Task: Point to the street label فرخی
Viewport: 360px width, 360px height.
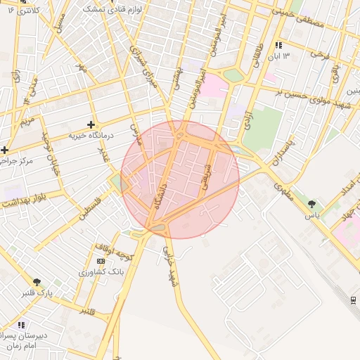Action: coord(321,53)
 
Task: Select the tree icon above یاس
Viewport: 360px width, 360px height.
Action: coord(311,204)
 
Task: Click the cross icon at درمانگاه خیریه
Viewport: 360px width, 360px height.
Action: coord(91,124)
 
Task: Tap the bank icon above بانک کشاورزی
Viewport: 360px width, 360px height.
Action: coord(101,261)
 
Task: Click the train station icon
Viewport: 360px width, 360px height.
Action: coord(353,301)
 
